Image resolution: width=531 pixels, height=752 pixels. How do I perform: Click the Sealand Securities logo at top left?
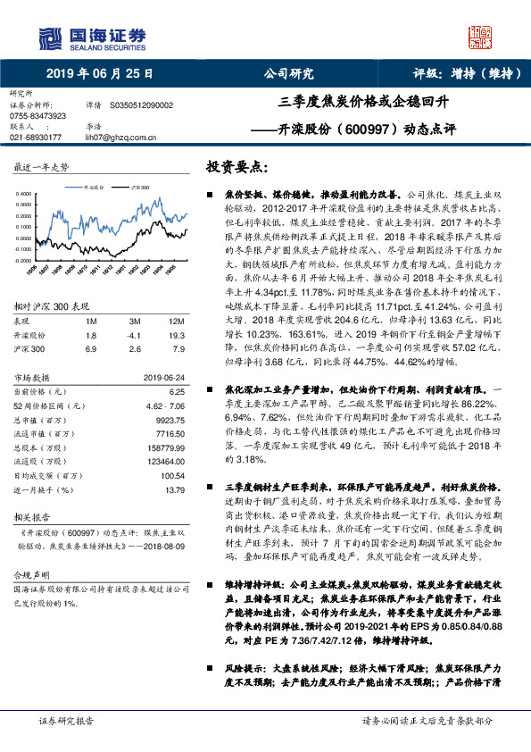tap(90, 38)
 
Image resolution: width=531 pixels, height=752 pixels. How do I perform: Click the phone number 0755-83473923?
tap(37, 116)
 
